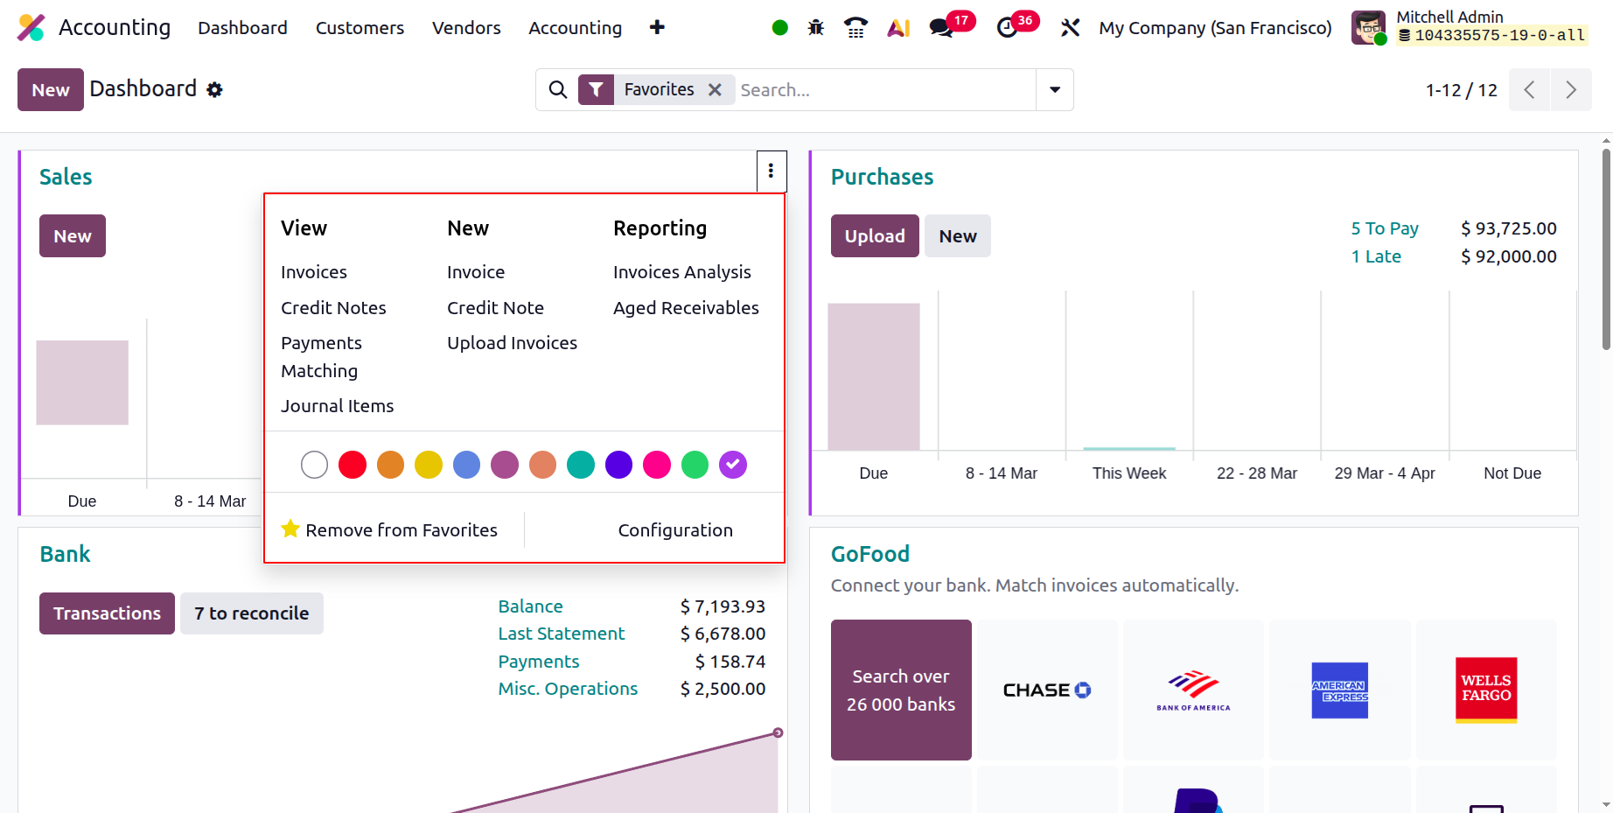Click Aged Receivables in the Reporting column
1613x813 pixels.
click(686, 308)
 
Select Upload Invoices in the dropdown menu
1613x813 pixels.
click(512, 343)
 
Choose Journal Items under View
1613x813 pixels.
click(337, 406)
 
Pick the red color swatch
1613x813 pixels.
click(353, 465)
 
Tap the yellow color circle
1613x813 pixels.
click(429, 465)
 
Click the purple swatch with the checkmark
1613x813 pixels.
click(733, 465)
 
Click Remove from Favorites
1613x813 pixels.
click(389, 530)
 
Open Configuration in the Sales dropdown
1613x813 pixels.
click(675, 530)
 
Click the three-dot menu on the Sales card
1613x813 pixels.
click(771, 171)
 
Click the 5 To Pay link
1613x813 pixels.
click(1385, 228)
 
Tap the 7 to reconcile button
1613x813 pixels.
click(252, 613)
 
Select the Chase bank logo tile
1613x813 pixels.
click(1047, 690)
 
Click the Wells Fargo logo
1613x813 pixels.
click(1486, 690)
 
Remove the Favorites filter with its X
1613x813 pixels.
click(715, 90)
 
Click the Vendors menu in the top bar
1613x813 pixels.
click(466, 28)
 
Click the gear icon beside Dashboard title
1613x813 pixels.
click(214, 89)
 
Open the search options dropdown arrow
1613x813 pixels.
click(1055, 90)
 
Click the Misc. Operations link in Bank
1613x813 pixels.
click(568, 689)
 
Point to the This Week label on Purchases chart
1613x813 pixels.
click(1129, 473)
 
